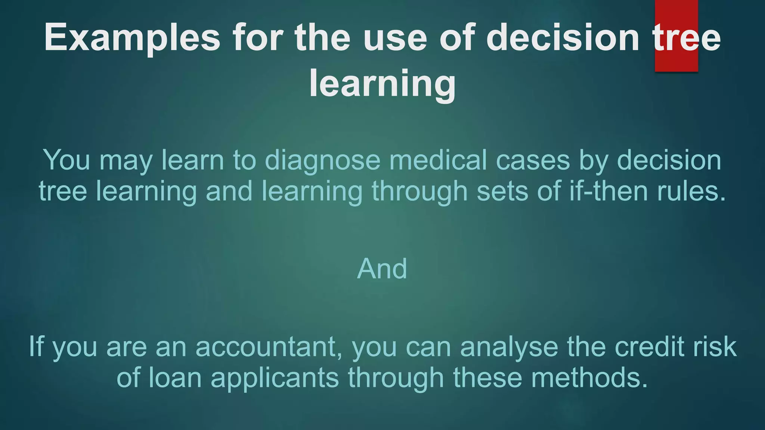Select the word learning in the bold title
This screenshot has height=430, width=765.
click(x=382, y=84)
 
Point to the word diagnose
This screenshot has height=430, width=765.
click(x=322, y=161)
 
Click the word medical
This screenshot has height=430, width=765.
click(x=438, y=161)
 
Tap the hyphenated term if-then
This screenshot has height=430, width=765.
click(x=608, y=191)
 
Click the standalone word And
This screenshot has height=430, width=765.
click(x=382, y=269)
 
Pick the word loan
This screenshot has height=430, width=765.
click(x=175, y=377)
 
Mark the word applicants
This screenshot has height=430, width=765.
click(x=275, y=377)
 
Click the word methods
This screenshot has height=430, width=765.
click(x=589, y=377)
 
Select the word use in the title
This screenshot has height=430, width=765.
click(x=395, y=38)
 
